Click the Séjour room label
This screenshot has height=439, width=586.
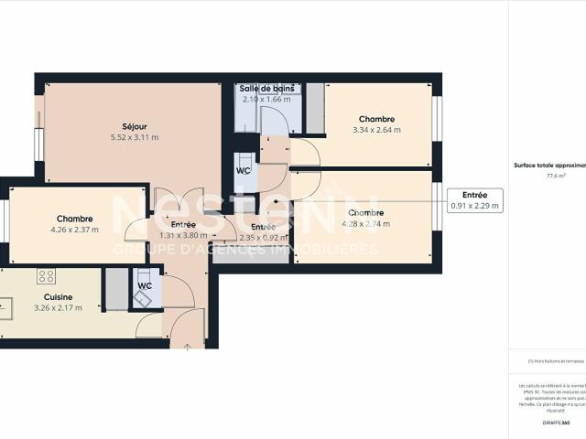coord(135,126)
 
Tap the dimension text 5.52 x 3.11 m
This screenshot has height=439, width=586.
coord(135,138)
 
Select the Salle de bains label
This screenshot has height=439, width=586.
coord(266,88)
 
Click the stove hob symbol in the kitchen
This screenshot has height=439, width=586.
coord(46,275)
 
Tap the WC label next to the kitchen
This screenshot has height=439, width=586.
coord(145,285)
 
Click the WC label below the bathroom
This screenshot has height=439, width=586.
coord(244,170)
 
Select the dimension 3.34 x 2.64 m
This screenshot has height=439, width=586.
coord(376,130)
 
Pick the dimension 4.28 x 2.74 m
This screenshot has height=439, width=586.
coord(365,223)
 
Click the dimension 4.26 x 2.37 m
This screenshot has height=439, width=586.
coord(74,230)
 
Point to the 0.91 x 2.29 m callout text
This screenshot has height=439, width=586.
coord(474,207)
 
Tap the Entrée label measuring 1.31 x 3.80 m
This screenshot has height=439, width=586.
coord(184,224)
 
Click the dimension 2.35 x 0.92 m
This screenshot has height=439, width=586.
coord(263,238)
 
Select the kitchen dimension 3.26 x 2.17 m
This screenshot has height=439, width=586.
coord(58,308)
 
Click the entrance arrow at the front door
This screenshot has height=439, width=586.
coord(187,347)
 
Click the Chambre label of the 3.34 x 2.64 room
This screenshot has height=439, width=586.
coord(376,119)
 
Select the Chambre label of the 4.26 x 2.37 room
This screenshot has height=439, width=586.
coord(74,219)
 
